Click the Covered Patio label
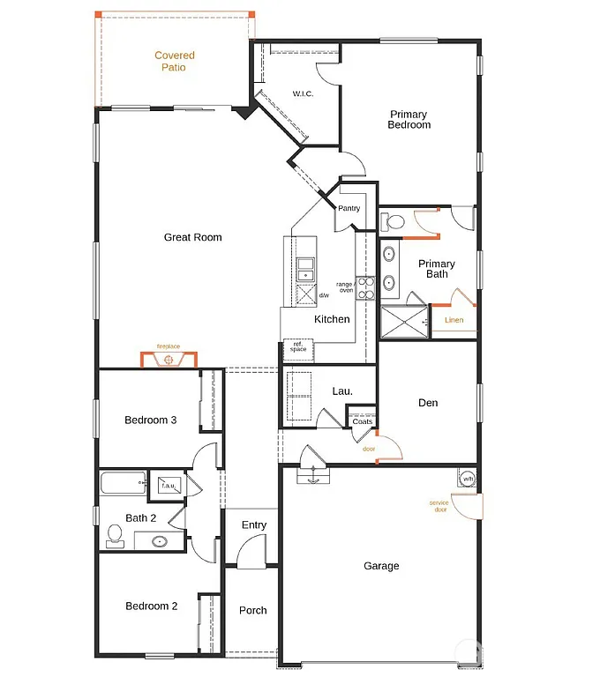click(175, 61)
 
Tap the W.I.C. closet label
click(304, 94)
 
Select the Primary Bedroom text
click(409, 120)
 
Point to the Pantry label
click(349, 208)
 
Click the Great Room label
click(192, 237)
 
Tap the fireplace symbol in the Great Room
click(169, 359)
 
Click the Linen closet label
click(454, 320)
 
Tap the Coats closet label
click(362, 421)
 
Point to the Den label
click(428, 403)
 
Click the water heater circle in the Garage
click(467, 479)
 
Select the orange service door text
click(439, 506)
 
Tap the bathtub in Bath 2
click(122, 483)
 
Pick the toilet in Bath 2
click(114, 534)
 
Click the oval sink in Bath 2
click(160, 541)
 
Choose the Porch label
click(253, 610)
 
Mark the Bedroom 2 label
click(151, 606)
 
